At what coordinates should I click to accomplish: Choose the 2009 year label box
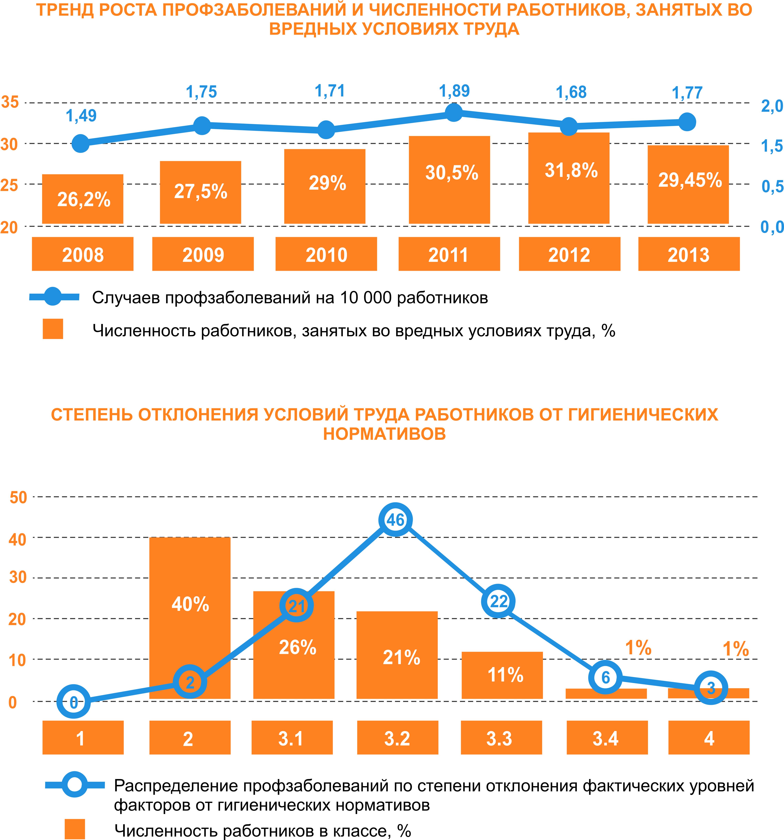pyautogui.click(x=203, y=254)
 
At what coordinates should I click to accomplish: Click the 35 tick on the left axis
pyautogui.click(x=10, y=102)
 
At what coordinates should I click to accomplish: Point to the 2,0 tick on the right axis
pyautogui.click(x=772, y=106)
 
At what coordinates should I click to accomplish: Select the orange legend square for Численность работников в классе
pyautogui.click(x=75, y=829)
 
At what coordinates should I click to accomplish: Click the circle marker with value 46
pyautogui.click(x=396, y=520)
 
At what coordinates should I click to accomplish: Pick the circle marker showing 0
pyautogui.click(x=74, y=702)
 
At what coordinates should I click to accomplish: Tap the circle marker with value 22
pyautogui.click(x=498, y=601)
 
